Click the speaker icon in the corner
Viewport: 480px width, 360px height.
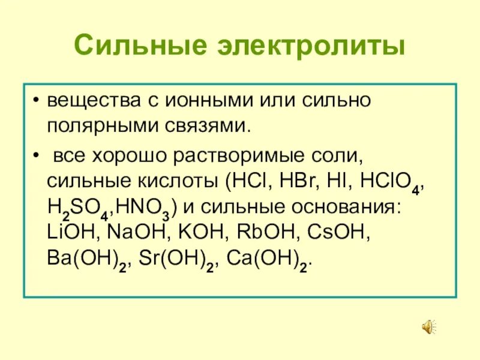pyautogui.click(x=428, y=327)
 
